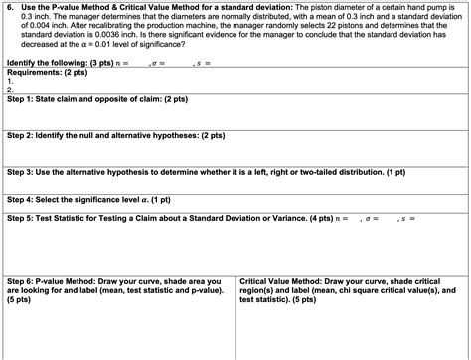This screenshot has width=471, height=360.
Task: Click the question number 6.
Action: tap(8, 6)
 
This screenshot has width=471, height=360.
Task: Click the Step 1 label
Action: tap(19, 99)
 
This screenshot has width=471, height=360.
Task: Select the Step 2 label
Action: tap(19, 134)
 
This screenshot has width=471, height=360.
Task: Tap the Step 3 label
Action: tap(19, 170)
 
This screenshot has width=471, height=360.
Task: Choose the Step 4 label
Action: tap(19, 197)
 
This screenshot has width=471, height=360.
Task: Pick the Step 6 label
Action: tap(19, 281)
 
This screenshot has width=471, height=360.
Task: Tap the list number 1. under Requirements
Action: tap(9, 81)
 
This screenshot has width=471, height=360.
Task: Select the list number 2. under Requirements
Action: tap(9, 90)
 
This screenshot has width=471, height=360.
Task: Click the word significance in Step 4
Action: tap(101, 197)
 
